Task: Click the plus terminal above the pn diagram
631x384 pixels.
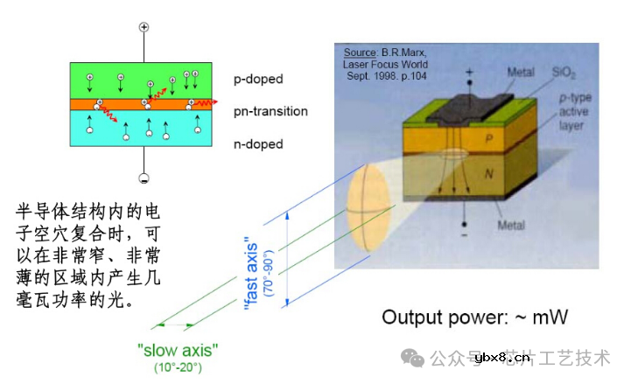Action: [144, 27]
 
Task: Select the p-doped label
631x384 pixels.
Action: [258, 79]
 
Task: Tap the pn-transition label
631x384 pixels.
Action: [270, 112]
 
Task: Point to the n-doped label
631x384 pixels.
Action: [258, 143]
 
